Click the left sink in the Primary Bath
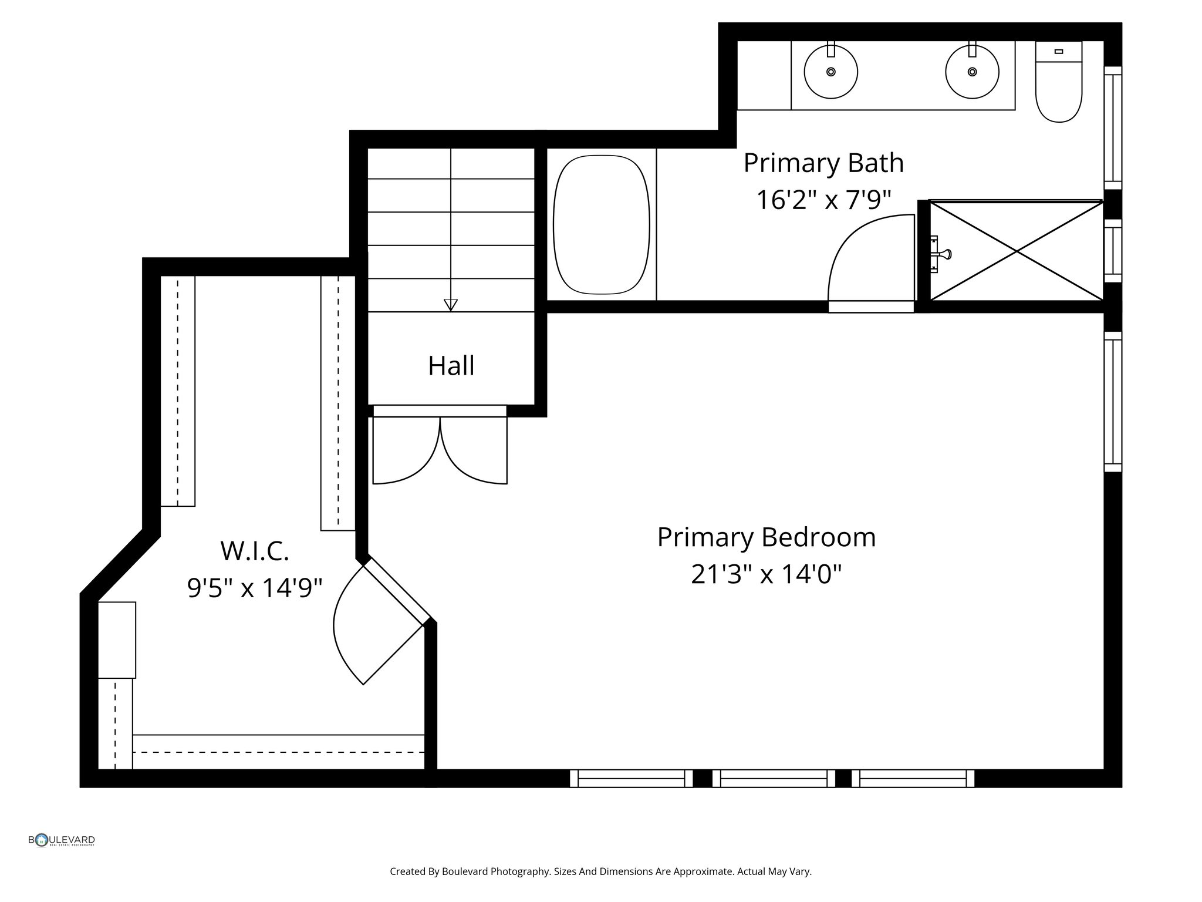point(830,72)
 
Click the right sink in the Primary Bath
point(972,72)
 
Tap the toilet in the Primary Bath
point(1058,88)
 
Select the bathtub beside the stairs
point(601,224)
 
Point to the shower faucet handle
point(944,254)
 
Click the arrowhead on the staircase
point(450,305)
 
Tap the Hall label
point(451,366)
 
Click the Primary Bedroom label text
point(766,537)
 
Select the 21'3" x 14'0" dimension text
point(766,574)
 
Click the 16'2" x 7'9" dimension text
point(823,200)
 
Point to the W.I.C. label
point(255,551)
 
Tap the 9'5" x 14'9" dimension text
point(255,588)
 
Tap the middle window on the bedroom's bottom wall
point(774,778)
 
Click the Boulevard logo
point(62,840)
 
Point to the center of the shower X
point(1017,251)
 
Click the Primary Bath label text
point(823,163)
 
